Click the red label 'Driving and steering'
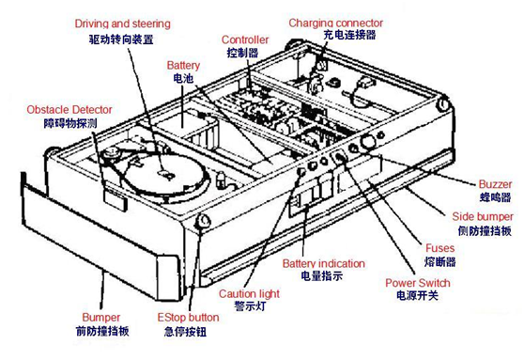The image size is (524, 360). click(x=122, y=23)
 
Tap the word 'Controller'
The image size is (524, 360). click(x=245, y=39)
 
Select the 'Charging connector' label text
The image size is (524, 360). click(x=335, y=23)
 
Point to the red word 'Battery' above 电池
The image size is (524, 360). click(x=183, y=66)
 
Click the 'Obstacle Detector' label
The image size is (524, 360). click(x=69, y=110)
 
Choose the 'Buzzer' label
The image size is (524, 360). click(x=495, y=184)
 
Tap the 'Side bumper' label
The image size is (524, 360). click(x=483, y=216)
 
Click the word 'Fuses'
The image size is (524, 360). click(x=439, y=248)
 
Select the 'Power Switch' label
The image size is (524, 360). click(x=417, y=283)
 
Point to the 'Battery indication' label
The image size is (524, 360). click(x=323, y=263)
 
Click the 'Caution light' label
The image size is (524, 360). click(x=249, y=294)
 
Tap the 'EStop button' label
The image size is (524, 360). click(x=188, y=317)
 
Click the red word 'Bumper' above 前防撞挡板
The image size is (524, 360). click(x=100, y=317)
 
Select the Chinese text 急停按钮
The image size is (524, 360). click(x=185, y=332)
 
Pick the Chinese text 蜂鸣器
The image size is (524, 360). click(x=495, y=197)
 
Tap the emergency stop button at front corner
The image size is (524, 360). click(x=203, y=221)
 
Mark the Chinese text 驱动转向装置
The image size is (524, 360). click(x=121, y=39)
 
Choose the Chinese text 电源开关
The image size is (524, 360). click(x=417, y=295)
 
